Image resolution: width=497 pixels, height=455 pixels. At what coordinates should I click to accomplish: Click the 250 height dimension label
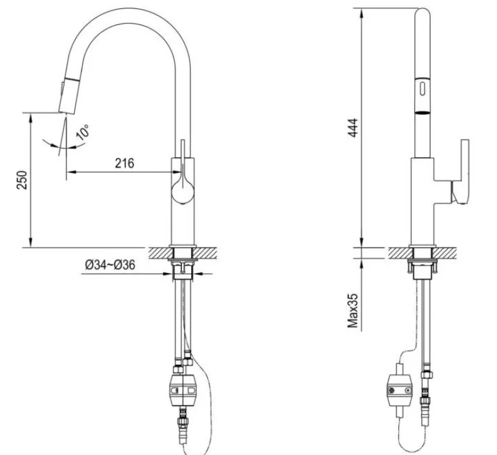[22, 180]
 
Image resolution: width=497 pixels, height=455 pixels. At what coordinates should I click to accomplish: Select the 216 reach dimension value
[124, 163]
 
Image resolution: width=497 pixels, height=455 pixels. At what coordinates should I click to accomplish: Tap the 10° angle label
[83, 132]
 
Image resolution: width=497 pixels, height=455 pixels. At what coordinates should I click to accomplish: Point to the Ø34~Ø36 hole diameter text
[110, 265]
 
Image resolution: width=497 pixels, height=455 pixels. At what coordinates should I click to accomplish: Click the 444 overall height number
[353, 127]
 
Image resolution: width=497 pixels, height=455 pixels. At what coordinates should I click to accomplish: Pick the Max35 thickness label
[353, 311]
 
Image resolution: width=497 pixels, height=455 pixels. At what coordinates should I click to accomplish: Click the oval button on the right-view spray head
[423, 88]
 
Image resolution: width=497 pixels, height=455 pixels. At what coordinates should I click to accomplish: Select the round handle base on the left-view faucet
[183, 192]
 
